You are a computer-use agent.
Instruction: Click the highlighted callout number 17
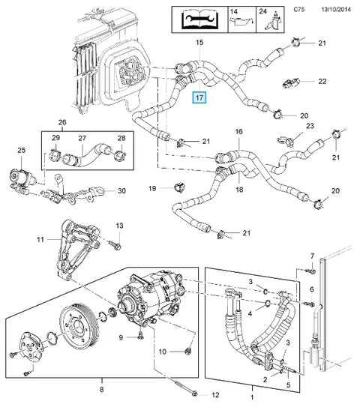(x=199, y=97)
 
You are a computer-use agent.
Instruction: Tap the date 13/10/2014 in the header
(x=336, y=10)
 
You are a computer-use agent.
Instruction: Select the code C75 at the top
(x=299, y=9)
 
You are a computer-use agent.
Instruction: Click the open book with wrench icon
(x=199, y=19)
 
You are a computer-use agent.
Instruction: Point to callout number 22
(x=322, y=81)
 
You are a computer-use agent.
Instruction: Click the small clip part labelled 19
(x=179, y=187)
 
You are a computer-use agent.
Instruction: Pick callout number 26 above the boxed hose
(x=62, y=122)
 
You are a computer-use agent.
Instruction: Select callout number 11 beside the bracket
(x=40, y=239)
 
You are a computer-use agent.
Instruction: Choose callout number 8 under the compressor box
(x=101, y=389)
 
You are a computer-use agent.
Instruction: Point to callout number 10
(x=162, y=352)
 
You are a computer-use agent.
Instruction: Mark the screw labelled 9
(x=140, y=337)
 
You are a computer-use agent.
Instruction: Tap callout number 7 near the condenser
(x=312, y=256)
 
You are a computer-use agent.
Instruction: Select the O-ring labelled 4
(x=268, y=303)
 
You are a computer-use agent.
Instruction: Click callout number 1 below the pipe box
(x=252, y=397)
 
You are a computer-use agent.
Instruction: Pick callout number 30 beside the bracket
(x=121, y=191)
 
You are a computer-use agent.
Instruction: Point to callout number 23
(x=310, y=126)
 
